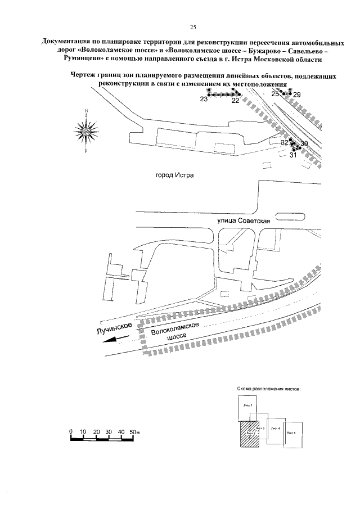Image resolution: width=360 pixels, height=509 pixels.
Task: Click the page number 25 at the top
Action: click(x=192, y=26)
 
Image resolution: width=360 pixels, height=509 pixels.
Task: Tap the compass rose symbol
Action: click(x=85, y=133)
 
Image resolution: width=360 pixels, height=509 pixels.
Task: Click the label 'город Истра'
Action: click(x=174, y=175)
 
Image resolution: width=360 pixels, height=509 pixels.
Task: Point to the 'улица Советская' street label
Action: click(x=245, y=222)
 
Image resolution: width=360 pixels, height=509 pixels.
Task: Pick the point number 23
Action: click(x=204, y=99)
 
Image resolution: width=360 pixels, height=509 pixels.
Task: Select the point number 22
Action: click(x=235, y=101)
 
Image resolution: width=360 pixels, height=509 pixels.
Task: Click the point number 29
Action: click(x=297, y=95)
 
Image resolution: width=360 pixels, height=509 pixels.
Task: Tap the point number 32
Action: click(x=285, y=143)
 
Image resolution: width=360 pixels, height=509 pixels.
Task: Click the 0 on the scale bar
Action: click(x=71, y=431)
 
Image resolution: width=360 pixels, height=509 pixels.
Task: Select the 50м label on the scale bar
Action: click(x=134, y=431)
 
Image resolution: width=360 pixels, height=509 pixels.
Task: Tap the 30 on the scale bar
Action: click(x=109, y=431)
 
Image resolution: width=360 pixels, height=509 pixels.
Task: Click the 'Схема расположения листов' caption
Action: click(x=268, y=389)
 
